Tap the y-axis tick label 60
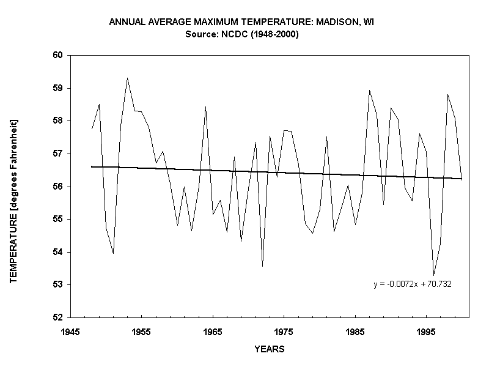coord(59,55)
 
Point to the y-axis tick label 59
coord(59,88)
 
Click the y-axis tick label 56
coord(59,187)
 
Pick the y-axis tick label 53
coord(59,285)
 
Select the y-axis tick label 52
coord(59,318)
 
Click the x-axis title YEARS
coord(269,349)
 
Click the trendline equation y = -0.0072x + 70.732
coord(413,284)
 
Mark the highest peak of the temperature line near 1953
coord(127,78)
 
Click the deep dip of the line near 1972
coord(262,266)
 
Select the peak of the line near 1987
coord(369,91)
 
